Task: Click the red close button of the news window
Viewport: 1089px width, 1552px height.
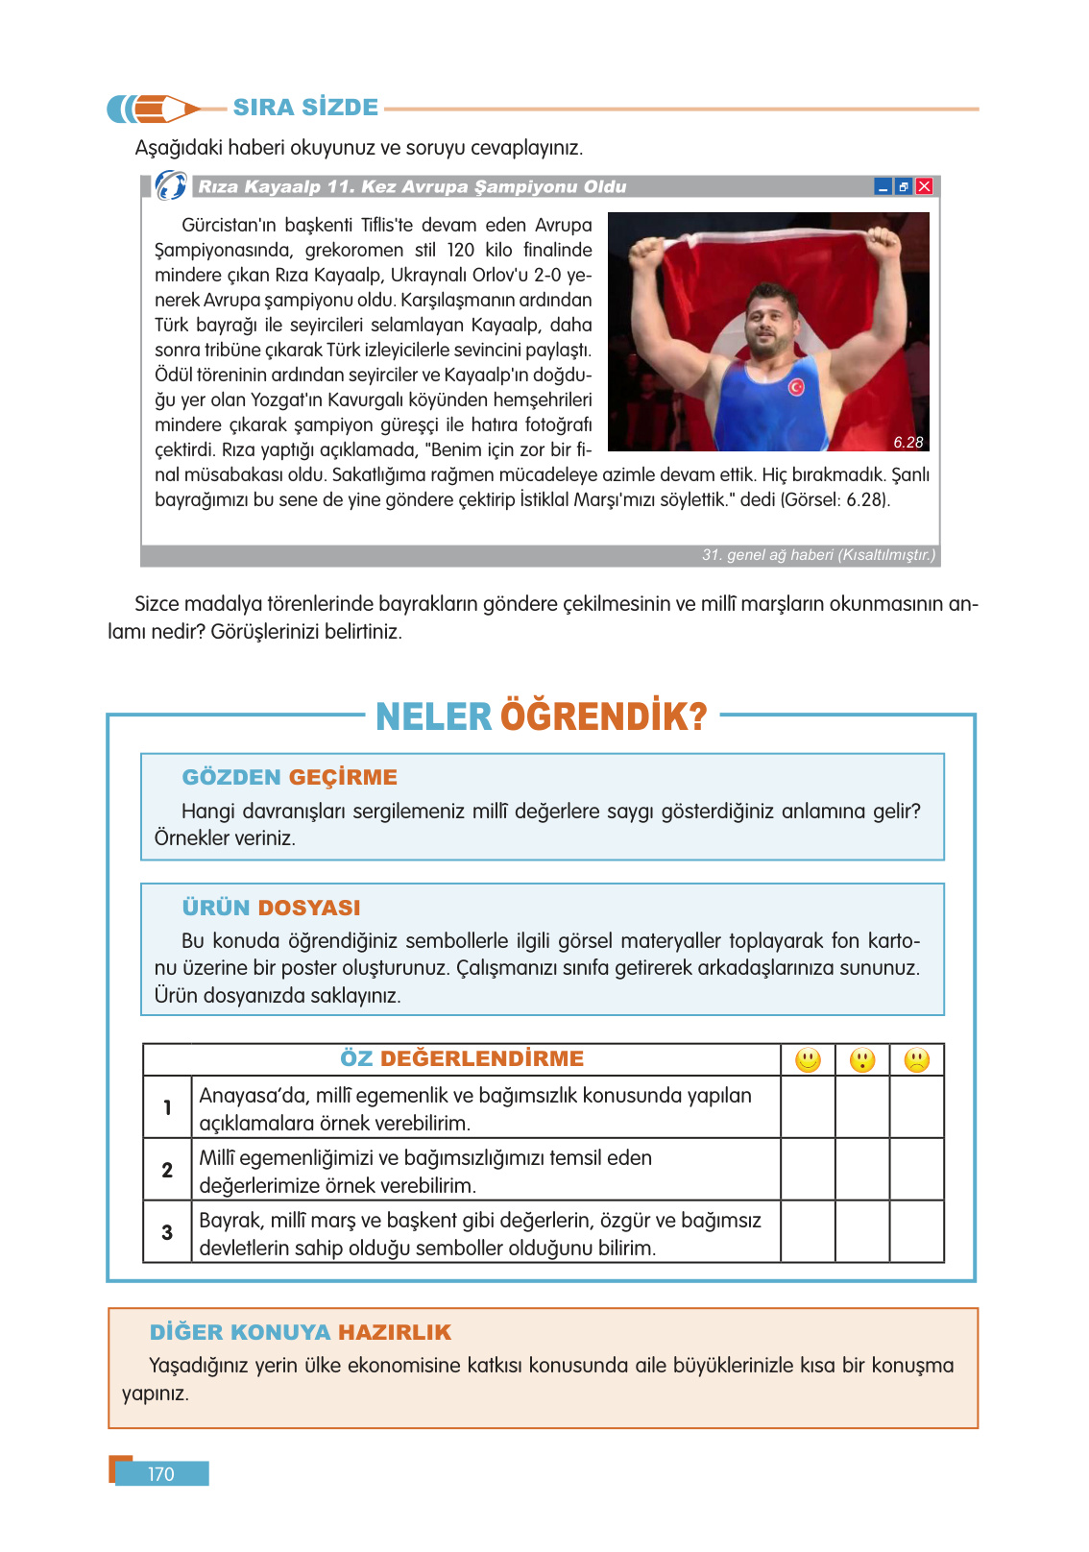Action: [924, 186]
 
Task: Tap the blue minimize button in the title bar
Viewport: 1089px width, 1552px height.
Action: [883, 186]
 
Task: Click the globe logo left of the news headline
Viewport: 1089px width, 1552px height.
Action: [171, 184]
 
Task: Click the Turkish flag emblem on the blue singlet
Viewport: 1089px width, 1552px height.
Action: [796, 386]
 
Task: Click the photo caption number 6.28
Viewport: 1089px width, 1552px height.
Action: [907, 442]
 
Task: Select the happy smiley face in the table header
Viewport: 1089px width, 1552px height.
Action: [808, 1060]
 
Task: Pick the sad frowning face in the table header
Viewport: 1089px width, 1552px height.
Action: [917, 1060]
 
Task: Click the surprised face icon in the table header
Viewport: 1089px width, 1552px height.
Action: [862, 1060]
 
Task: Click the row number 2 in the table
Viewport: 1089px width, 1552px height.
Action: [167, 1170]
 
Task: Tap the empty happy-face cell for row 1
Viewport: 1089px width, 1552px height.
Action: [808, 1107]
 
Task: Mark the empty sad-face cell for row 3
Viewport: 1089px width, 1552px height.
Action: [917, 1232]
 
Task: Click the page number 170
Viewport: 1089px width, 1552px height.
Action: [161, 1474]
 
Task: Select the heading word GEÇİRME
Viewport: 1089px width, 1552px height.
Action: [343, 777]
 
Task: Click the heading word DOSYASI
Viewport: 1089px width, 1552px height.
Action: [309, 908]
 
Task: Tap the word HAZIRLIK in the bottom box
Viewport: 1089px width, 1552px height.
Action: [394, 1332]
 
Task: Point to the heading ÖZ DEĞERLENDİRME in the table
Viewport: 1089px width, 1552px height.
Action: [462, 1058]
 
